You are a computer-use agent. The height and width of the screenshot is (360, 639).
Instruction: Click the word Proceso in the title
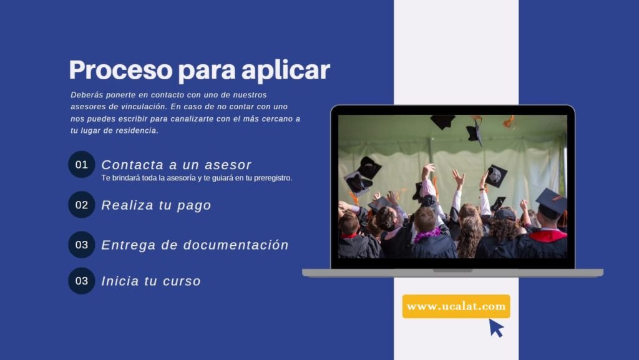tap(120, 70)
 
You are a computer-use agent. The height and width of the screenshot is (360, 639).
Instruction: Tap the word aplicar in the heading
tap(286, 70)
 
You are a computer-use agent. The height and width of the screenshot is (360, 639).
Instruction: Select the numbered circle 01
tap(82, 165)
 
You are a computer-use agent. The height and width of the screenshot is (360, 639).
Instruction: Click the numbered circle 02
tap(82, 205)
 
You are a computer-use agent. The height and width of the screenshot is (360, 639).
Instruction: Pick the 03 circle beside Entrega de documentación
tap(82, 245)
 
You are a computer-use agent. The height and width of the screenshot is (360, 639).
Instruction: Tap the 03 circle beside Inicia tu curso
tap(82, 281)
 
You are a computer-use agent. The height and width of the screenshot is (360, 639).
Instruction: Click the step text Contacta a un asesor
tap(177, 165)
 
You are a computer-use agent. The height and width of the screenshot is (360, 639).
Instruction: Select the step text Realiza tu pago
tap(156, 205)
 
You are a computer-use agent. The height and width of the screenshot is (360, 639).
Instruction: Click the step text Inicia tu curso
tap(151, 281)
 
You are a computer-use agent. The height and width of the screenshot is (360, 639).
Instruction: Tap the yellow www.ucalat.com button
tap(456, 306)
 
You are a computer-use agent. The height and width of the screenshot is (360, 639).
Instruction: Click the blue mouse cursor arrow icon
tap(496, 328)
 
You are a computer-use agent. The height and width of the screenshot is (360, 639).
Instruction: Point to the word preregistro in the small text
tap(273, 178)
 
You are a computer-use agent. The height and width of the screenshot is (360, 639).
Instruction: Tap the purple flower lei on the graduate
tap(427, 235)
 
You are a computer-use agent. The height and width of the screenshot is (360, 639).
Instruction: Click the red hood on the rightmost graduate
tap(548, 235)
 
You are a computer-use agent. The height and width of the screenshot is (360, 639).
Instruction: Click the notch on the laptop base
tap(452, 270)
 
